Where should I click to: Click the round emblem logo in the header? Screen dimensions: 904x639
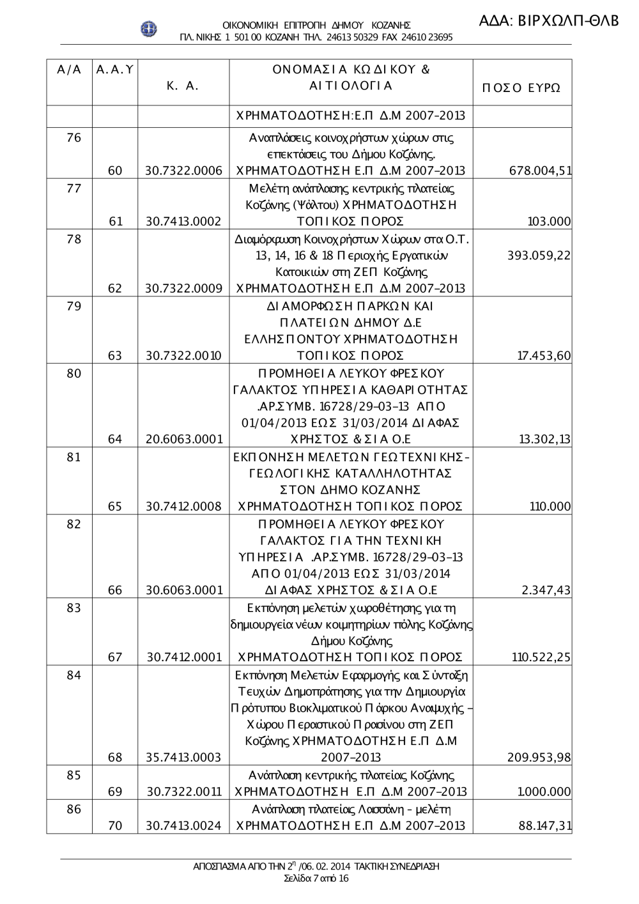[x=149, y=29]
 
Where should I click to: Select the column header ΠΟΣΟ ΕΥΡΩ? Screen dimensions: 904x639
[x=521, y=88]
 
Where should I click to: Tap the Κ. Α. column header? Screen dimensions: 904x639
[x=183, y=86]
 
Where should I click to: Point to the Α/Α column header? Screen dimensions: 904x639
[x=69, y=70]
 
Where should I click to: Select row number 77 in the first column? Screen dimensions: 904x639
[x=74, y=188]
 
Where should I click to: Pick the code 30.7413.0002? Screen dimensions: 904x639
[x=184, y=222]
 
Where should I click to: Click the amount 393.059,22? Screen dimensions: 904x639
[x=539, y=256]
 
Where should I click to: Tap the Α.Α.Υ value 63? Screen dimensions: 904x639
[x=115, y=356]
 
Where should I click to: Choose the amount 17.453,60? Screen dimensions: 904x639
[x=544, y=356]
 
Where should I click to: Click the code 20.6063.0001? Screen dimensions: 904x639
[x=184, y=439]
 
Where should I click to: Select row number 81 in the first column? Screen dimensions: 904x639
[x=74, y=457]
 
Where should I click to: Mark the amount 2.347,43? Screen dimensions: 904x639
[x=546, y=590]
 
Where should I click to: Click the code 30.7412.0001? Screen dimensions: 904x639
[x=184, y=657]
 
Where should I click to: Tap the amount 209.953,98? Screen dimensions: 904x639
[x=539, y=758]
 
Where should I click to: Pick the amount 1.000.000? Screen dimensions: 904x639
[x=544, y=792]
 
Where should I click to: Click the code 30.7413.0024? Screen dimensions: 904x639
[x=184, y=825]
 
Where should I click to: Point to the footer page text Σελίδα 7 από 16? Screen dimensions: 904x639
[x=316, y=878]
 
